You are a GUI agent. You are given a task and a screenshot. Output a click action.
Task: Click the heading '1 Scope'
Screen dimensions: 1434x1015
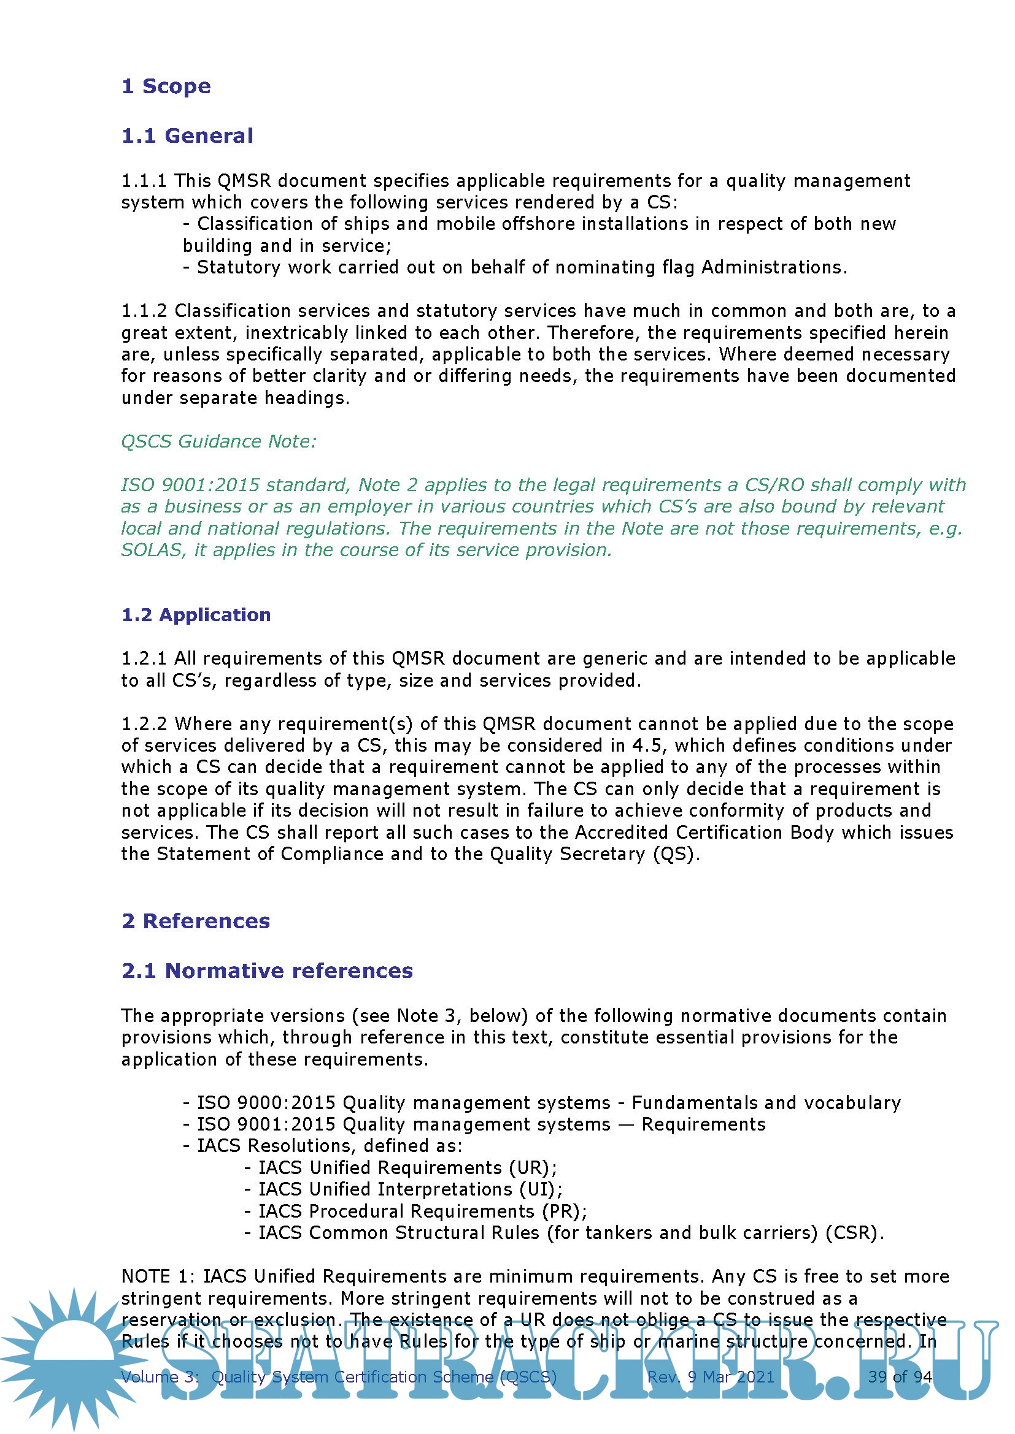(x=166, y=86)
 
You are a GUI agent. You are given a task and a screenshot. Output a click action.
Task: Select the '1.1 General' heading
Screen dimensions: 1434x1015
(x=188, y=136)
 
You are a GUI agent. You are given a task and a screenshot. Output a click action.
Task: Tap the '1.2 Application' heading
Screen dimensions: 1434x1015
(x=196, y=615)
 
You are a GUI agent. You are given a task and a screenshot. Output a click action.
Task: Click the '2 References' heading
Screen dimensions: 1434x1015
(x=196, y=921)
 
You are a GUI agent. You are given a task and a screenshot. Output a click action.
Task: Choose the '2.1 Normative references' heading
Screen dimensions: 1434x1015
(x=267, y=971)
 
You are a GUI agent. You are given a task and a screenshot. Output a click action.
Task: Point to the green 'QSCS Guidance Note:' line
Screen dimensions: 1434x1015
(x=218, y=441)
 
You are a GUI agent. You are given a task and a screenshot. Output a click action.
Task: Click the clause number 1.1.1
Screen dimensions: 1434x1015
(x=144, y=181)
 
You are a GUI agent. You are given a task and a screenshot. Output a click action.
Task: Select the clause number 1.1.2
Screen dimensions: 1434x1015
(x=144, y=311)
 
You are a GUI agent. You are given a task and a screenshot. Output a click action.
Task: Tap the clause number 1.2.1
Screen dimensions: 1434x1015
(x=144, y=659)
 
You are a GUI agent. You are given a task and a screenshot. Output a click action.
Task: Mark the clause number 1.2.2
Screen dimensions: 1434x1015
(x=144, y=725)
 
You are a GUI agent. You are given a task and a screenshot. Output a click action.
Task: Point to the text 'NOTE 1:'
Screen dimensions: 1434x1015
(x=159, y=1276)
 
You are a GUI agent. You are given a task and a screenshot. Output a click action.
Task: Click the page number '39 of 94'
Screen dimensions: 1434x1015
(x=900, y=1377)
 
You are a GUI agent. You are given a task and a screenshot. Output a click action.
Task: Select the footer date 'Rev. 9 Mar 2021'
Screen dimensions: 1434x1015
(x=711, y=1377)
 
